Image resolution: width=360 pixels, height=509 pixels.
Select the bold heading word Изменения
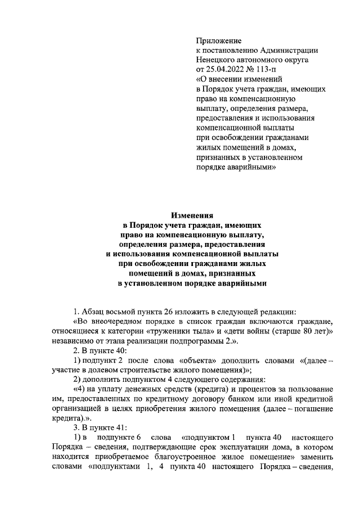(x=192, y=214)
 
